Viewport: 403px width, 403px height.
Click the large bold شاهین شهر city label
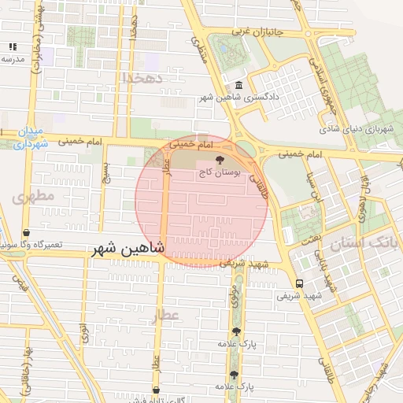click(128, 249)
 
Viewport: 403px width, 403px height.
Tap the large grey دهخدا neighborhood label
click(142, 78)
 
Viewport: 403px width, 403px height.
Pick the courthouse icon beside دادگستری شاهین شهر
click(238, 86)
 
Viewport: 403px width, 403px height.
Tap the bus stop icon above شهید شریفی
click(299, 284)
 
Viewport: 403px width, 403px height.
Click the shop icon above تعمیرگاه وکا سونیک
click(28, 234)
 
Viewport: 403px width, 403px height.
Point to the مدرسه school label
click(12, 59)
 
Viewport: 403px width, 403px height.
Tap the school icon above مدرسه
click(12, 47)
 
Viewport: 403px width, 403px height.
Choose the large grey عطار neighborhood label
click(168, 315)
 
